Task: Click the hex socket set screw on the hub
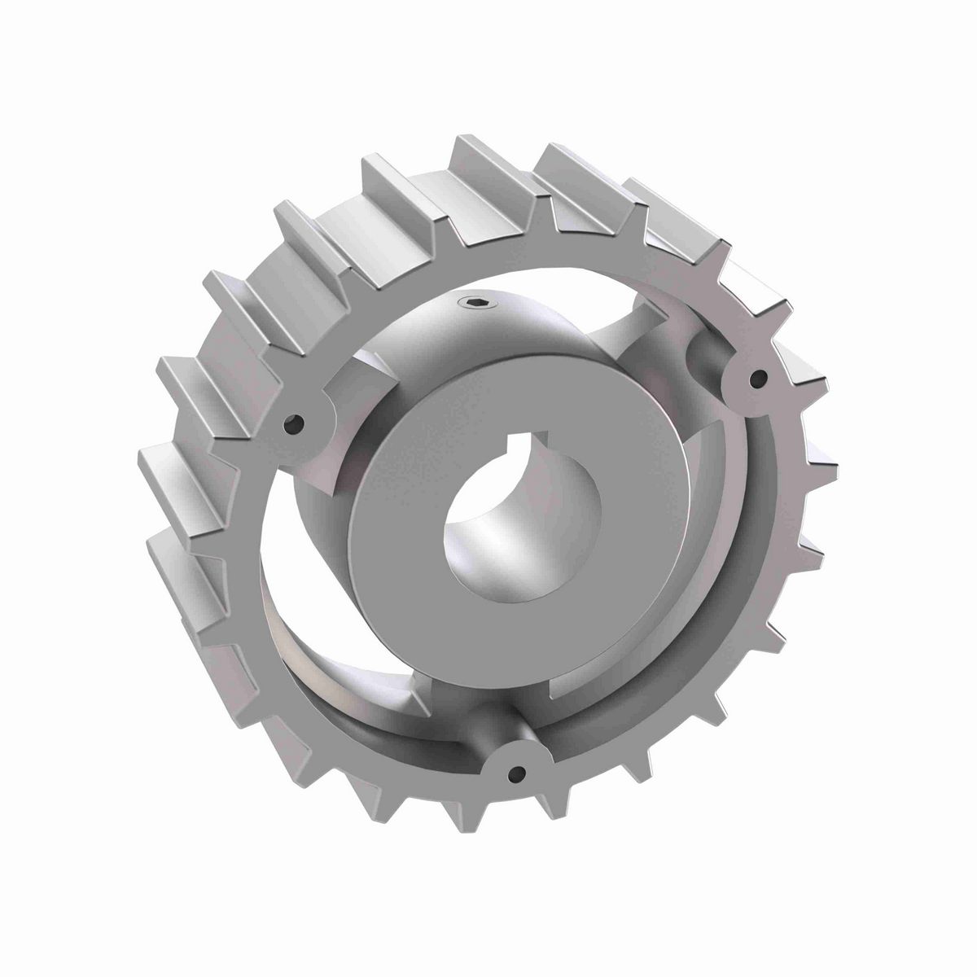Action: point(474,304)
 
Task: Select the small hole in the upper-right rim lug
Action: point(759,378)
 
